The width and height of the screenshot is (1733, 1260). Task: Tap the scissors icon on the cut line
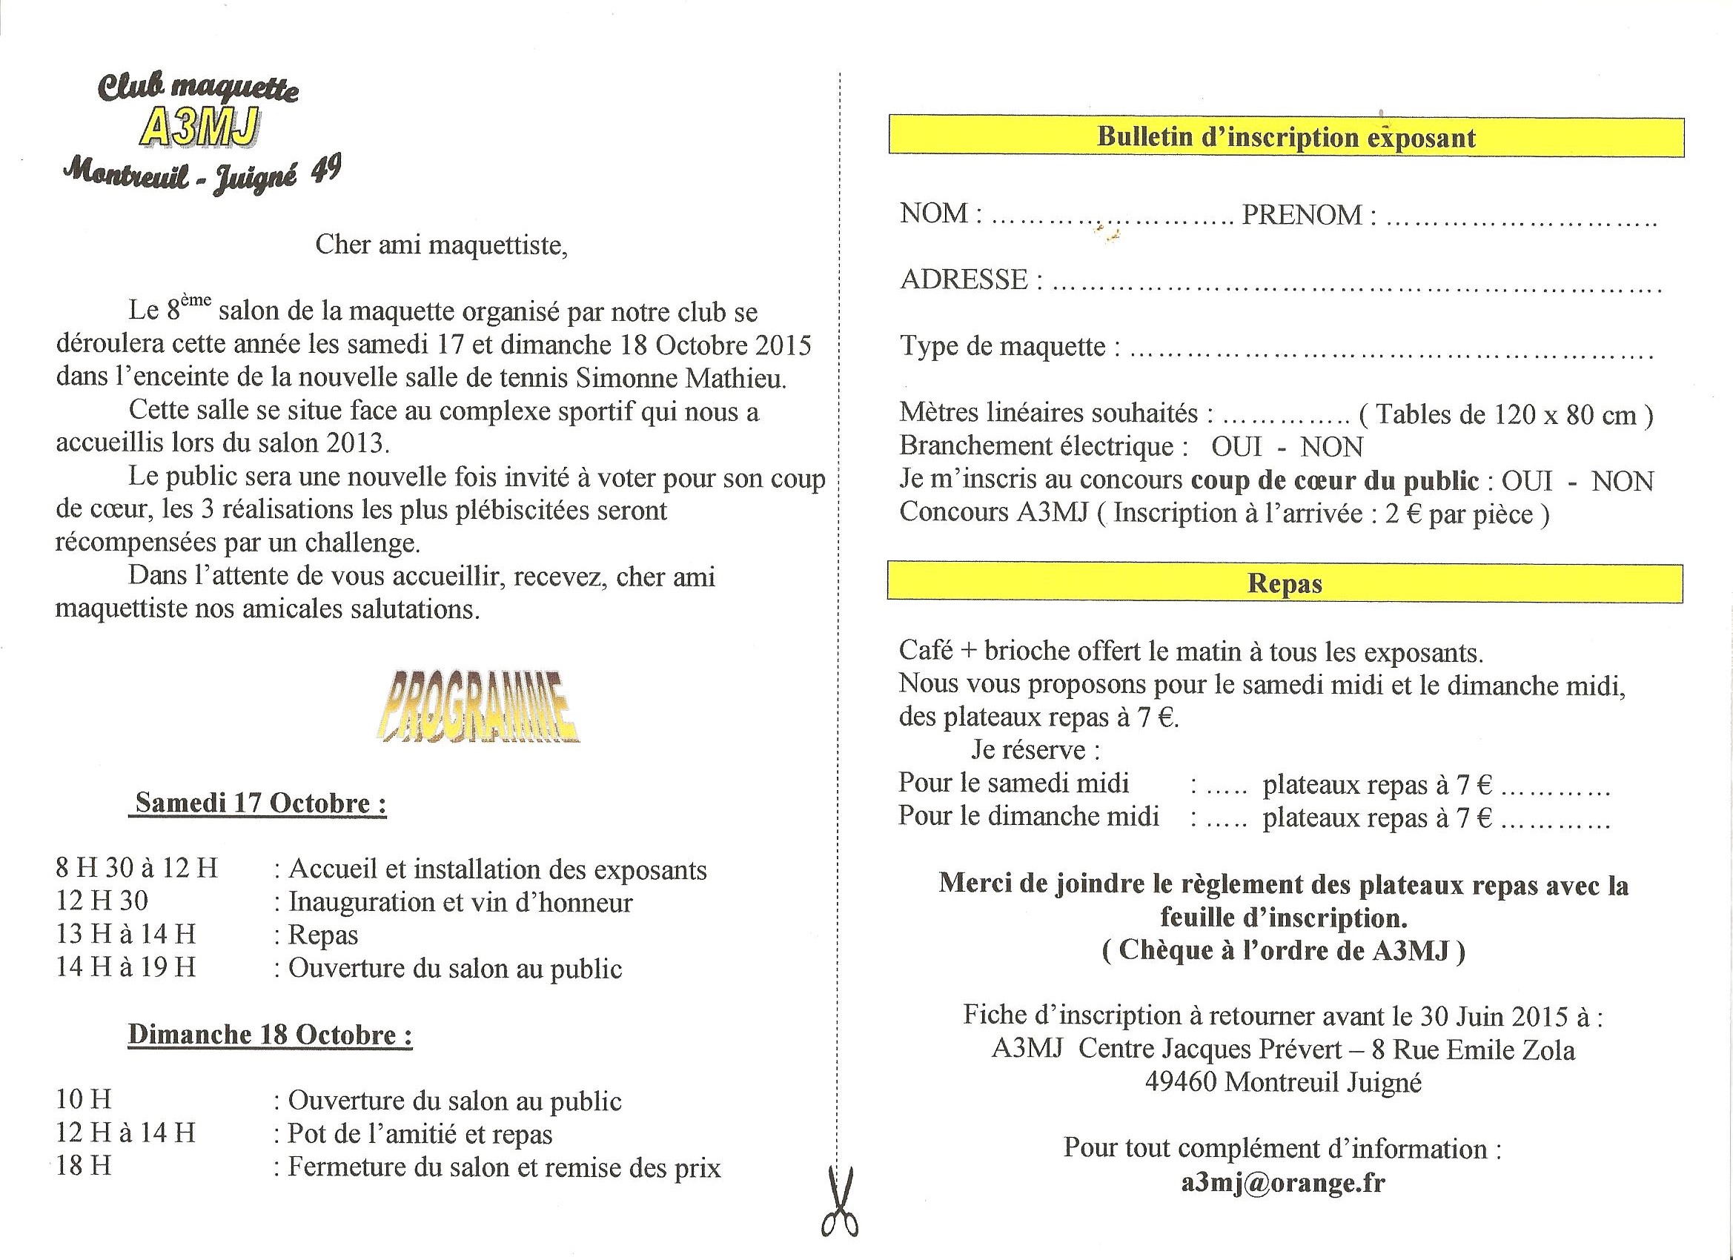[x=839, y=1203]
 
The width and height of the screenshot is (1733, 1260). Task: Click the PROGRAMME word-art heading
[x=477, y=707]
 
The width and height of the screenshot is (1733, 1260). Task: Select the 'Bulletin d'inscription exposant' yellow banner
[x=1285, y=137]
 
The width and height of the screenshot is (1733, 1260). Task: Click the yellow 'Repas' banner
[x=1285, y=584]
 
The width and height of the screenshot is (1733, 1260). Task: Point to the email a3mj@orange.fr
[x=1283, y=1183]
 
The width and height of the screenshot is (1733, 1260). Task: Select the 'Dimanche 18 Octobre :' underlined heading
[x=270, y=1035]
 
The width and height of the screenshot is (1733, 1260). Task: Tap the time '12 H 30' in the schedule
[x=102, y=901]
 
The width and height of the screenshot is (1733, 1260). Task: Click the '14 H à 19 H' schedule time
[x=126, y=967]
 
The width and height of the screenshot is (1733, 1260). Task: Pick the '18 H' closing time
[x=83, y=1166]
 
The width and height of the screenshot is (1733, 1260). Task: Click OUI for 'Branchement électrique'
[x=1236, y=446]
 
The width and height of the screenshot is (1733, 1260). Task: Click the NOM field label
[x=935, y=213]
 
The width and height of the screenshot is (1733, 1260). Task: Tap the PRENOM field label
[x=1302, y=215]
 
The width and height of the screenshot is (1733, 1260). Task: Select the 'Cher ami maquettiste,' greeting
[x=442, y=245]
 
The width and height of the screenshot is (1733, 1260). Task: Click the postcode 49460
[x=1180, y=1083]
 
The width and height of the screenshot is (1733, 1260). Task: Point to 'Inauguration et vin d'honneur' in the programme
[x=460, y=903]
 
